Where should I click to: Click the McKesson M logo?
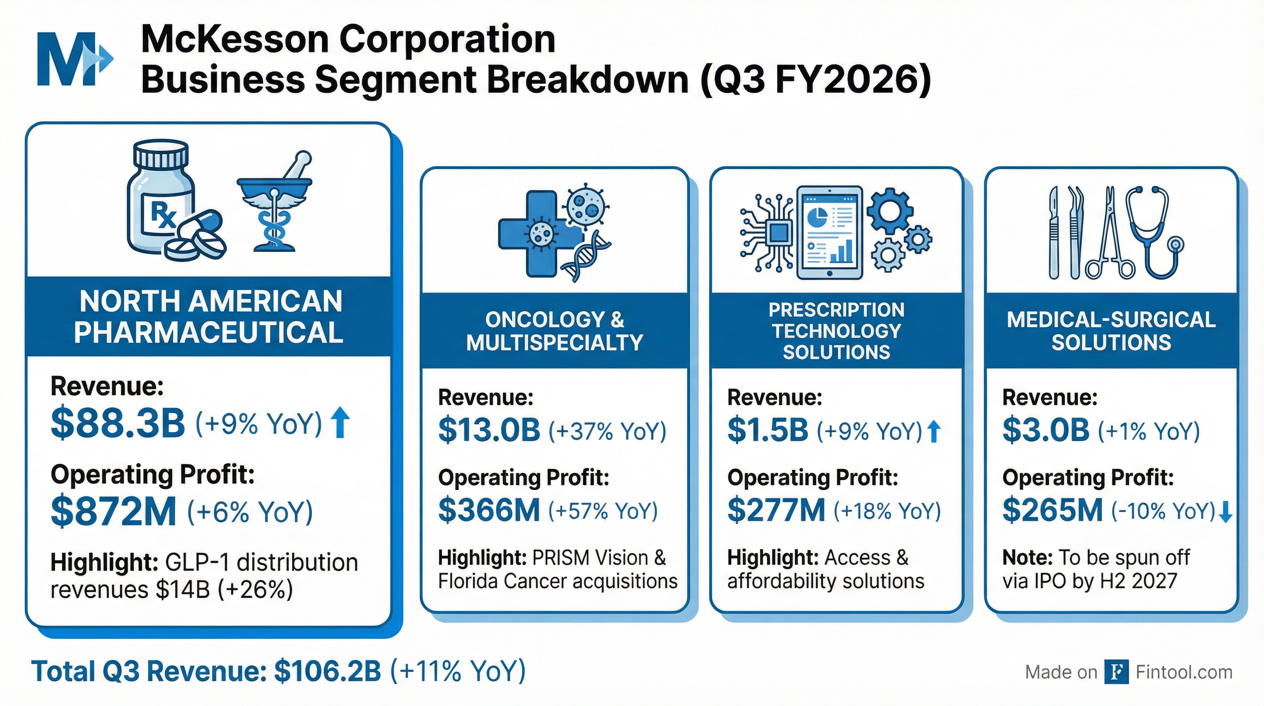[73, 59]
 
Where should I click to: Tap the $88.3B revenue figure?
[118, 424]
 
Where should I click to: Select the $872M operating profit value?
[113, 512]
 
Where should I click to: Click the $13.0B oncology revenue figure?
[489, 431]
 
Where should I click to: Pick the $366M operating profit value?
[489, 510]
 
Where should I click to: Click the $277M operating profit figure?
[776, 510]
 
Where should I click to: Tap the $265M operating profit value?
[1052, 510]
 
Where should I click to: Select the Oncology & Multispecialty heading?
[554, 331]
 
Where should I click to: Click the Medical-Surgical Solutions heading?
[1111, 331]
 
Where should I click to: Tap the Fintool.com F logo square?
[1116, 672]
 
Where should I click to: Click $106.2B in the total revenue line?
[327, 671]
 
